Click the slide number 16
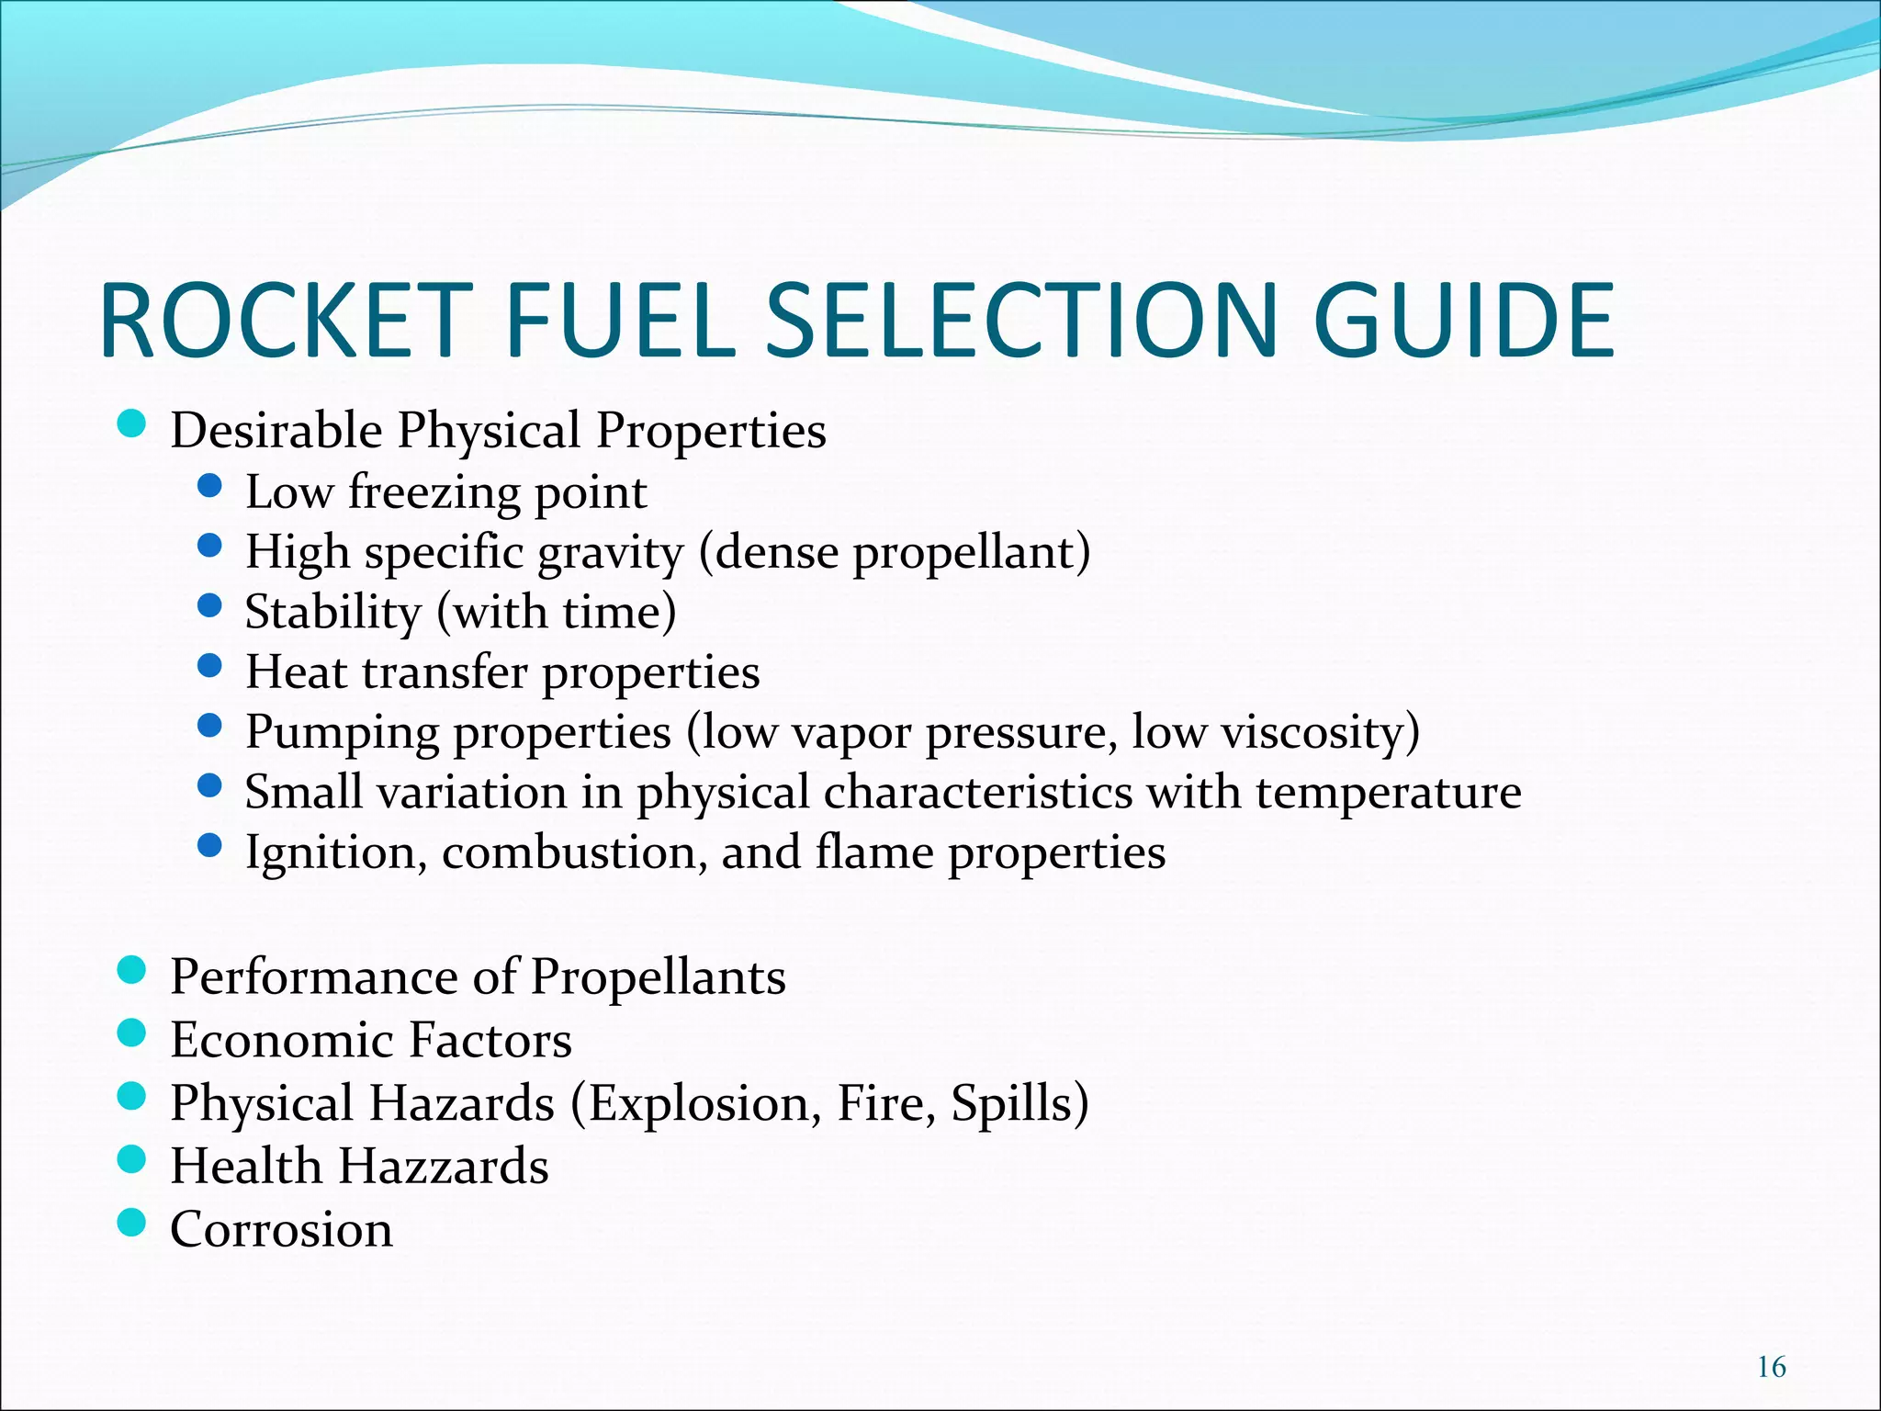[x=1771, y=1368]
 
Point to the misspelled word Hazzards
[x=444, y=1166]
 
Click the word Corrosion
[x=281, y=1229]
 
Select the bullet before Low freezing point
[x=210, y=485]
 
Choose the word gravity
[x=610, y=553]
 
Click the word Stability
[x=332, y=612]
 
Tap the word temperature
[x=1388, y=792]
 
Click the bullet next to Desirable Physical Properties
[x=132, y=423]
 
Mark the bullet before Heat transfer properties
[x=210, y=665]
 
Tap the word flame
[x=873, y=852]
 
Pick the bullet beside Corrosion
[x=132, y=1222]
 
